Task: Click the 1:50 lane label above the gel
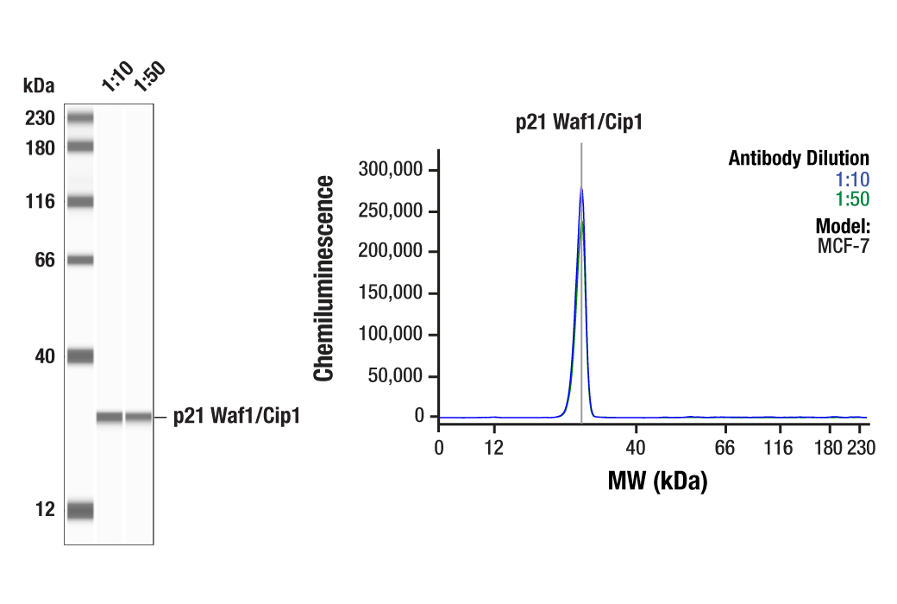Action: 147,77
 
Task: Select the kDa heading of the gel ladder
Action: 39,85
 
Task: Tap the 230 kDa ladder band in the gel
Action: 80,118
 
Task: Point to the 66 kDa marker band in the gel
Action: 80,260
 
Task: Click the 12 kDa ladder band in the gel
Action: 80,510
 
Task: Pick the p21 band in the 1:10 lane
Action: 110,418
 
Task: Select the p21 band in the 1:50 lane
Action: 139,418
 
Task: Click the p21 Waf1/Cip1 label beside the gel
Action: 236,417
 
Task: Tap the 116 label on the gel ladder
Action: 41,202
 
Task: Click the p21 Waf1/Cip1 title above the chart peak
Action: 580,123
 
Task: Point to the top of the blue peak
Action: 581,189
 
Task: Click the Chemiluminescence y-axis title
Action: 324,278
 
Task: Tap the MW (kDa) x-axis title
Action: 657,481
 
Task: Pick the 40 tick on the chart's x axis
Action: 636,447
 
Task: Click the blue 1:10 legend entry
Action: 851,179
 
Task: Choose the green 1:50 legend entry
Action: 851,199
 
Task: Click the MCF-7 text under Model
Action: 843,246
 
